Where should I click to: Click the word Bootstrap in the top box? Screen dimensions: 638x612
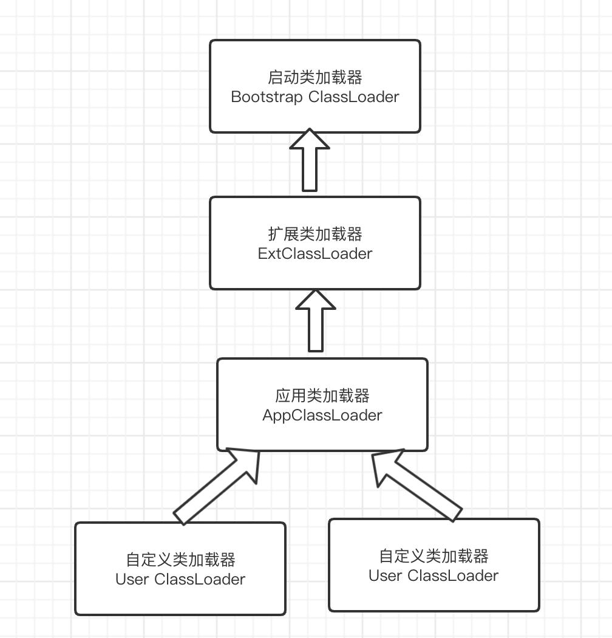[x=267, y=97]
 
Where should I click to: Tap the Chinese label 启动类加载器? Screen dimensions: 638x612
[x=315, y=78]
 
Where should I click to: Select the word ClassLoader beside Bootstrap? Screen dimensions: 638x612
[x=354, y=97]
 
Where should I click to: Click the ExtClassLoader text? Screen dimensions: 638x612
[x=315, y=253]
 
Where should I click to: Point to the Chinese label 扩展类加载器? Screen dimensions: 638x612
[x=315, y=234]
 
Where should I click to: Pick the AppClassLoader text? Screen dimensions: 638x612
[x=322, y=416]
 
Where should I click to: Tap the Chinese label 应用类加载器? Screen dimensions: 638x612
[x=322, y=396]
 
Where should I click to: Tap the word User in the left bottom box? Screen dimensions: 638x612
[x=132, y=579]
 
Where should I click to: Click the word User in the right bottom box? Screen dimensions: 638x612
[x=385, y=575]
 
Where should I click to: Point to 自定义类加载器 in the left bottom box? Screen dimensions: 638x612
[x=180, y=560]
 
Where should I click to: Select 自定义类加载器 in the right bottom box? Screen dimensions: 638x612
[x=433, y=556]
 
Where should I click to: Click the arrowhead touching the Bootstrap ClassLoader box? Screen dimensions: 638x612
[x=310, y=140]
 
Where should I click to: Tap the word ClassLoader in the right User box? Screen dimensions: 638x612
[x=453, y=575]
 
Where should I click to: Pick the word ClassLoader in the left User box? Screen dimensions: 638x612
[x=200, y=579]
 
